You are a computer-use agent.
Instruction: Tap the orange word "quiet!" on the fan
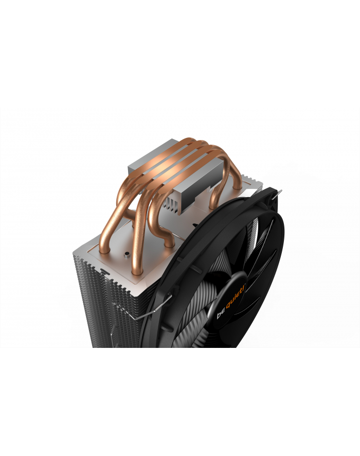[x=236, y=297]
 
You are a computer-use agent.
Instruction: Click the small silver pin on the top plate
[x=127, y=255]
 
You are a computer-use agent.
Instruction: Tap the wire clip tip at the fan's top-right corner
[x=280, y=192]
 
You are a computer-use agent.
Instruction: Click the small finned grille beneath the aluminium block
[x=171, y=204]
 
